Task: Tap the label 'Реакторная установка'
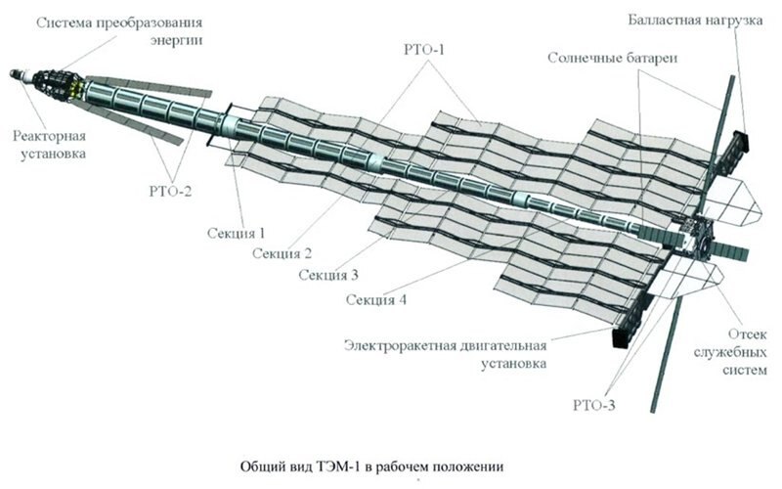click(52, 144)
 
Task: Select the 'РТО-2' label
click(170, 191)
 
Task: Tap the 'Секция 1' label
click(237, 234)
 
